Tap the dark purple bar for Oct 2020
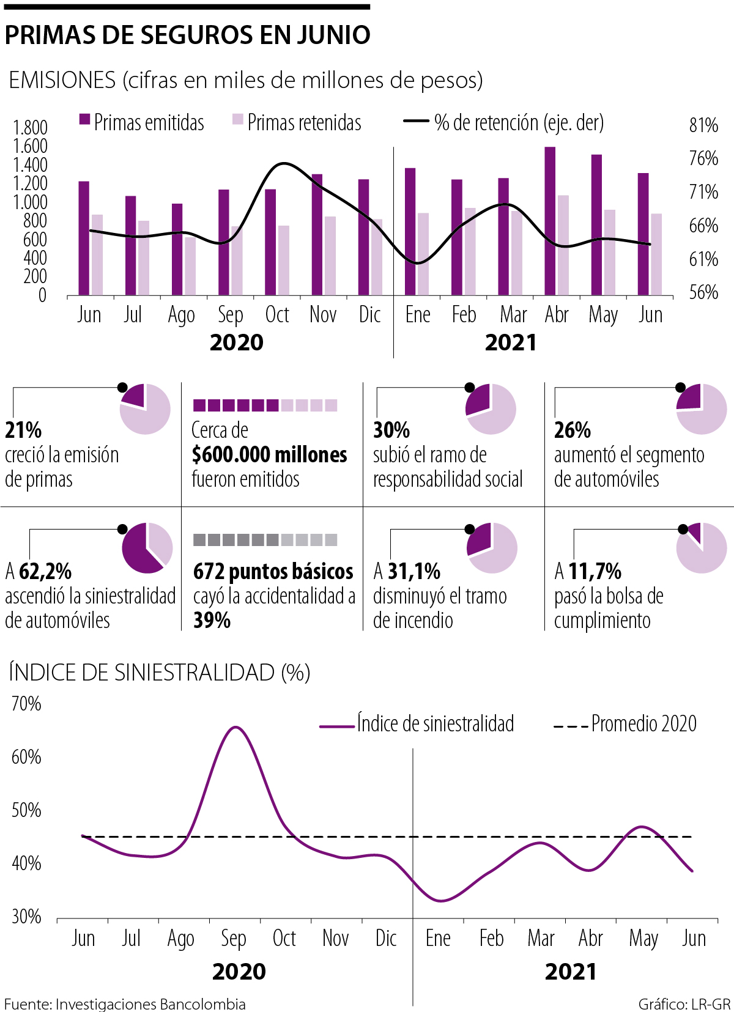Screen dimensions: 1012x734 (x=270, y=242)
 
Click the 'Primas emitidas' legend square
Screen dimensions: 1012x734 (x=85, y=119)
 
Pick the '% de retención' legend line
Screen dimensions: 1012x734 (x=416, y=121)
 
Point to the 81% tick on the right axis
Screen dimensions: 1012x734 (x=703, y=125)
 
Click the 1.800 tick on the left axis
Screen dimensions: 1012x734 (x=31, y=128)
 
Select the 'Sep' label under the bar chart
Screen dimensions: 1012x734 (x=231, y=315)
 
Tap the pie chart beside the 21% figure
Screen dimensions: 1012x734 (x=145, y=409)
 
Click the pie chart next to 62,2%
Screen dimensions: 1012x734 (x=147, y=548)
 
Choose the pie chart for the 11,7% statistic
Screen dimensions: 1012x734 (x=702, y=548)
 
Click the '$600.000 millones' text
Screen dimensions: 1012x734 (x=269, y=455)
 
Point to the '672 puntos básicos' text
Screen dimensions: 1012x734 (x=273, y=572)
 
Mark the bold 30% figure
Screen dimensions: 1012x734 (x=391, y=430)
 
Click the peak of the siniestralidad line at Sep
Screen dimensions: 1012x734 (x=235, y=727)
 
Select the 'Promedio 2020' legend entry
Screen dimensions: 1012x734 (x=643, y=724)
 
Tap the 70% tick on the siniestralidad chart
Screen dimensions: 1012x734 (x=26, y=704)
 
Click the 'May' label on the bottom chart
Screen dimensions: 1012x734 (x=643, y=939)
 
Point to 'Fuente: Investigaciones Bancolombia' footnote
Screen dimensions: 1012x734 (x=125, y=1004)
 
